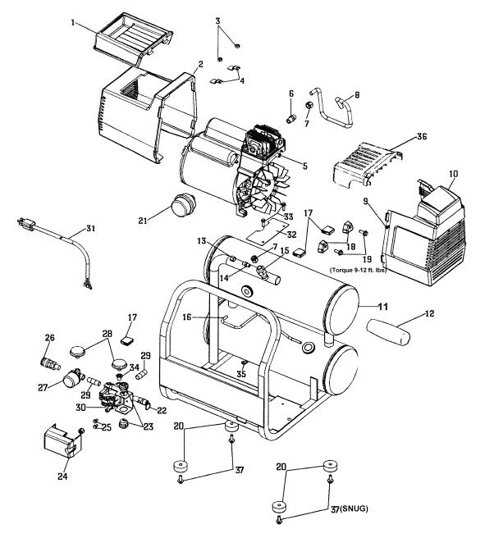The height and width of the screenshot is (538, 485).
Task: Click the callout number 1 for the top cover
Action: tap(73, 23)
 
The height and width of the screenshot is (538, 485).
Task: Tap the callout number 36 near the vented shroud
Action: tap(422, 137)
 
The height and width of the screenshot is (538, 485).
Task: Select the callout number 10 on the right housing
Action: tap(453, 174)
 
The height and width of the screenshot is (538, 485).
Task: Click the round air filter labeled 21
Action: tap(183, 204)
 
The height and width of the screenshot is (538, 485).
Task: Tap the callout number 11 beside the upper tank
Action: tap(382, 307)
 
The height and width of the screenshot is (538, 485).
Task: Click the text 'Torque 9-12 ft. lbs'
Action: tap(358, 270)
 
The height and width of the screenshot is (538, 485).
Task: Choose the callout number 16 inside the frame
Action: tap(187, 317)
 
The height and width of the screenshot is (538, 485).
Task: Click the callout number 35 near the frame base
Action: tap(241, 373)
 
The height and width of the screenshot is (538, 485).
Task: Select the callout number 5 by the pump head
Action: tap(304, 166)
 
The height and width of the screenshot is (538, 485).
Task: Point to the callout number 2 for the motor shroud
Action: tap(200, 64)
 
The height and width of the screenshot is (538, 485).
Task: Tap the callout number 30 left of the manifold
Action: tap(80, 408)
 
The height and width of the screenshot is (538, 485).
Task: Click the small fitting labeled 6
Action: tap(291, 119)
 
